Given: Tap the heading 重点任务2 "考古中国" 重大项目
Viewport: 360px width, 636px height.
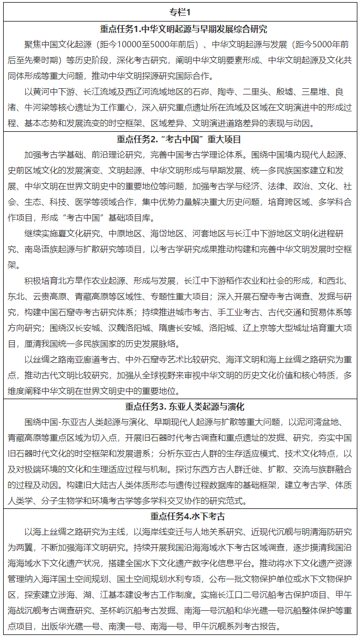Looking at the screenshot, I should [x=180, y=139].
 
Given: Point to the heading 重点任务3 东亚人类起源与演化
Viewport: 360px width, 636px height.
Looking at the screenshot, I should [x=180, y=406].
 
